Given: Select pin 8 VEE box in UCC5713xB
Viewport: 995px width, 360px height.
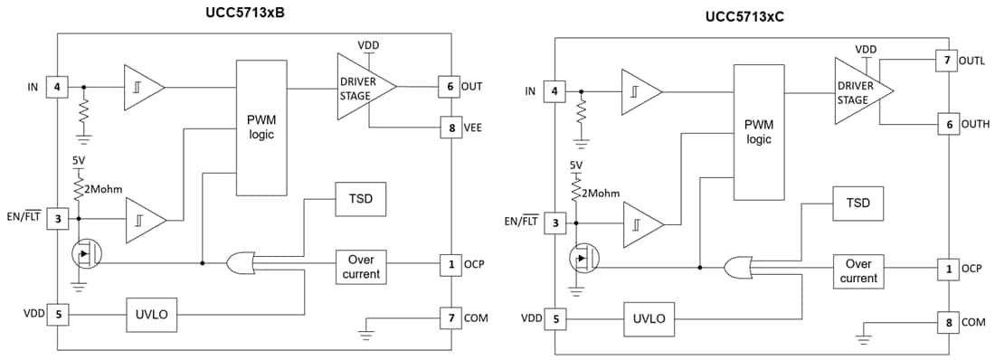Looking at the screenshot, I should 450,128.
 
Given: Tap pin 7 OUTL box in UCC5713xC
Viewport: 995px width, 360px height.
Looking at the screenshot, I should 947,61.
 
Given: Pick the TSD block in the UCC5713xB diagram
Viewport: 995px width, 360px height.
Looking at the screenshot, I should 360,198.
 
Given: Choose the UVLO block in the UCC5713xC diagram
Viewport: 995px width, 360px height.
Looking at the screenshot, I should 649,318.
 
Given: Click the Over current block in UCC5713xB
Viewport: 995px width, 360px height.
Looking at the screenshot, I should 360,266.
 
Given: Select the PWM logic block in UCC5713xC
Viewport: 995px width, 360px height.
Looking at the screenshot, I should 758,132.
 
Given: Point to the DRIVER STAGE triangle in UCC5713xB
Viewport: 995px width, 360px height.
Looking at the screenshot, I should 362,86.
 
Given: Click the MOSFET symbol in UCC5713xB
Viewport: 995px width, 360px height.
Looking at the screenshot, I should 86,253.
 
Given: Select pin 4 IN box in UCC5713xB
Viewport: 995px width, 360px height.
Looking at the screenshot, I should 57,87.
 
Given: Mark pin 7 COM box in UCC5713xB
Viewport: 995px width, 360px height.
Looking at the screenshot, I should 450,317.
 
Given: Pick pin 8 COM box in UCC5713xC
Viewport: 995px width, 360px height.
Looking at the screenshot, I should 947,322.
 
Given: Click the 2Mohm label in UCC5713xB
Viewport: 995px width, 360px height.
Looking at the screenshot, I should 105,189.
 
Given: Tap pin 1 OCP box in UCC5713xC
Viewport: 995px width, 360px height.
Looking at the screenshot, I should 947,269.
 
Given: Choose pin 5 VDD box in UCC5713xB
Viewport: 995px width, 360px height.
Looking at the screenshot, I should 57,314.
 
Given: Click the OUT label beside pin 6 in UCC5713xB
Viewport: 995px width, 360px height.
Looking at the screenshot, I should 472,87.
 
